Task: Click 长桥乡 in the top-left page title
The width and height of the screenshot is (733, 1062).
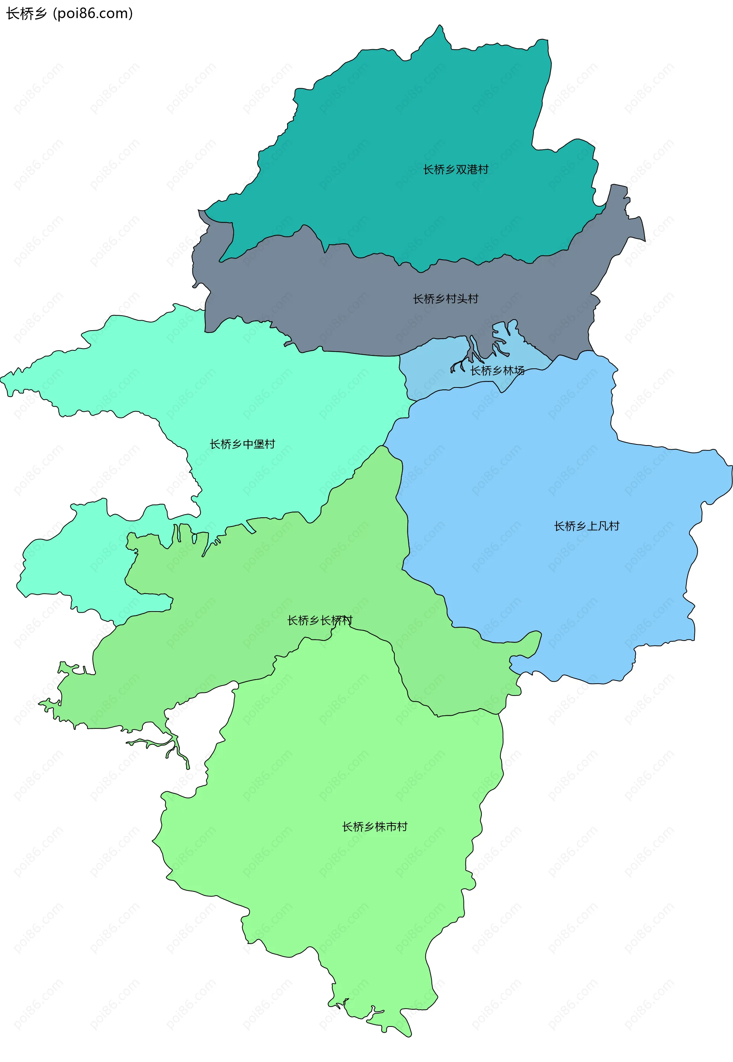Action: tap(26, 14)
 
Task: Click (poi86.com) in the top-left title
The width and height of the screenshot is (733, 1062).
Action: tap(93, 14)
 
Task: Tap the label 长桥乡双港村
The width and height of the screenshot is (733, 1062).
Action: tap(455, 170)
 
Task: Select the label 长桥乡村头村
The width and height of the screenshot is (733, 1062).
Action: tap(445, 299)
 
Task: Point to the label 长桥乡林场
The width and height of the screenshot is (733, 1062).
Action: tap(497, 371)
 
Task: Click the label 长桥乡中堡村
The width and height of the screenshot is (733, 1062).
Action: tap(242, 444)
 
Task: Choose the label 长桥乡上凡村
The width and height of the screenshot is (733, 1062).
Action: tap(586, 526)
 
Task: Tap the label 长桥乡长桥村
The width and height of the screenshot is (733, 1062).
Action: tap(320, 621)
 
